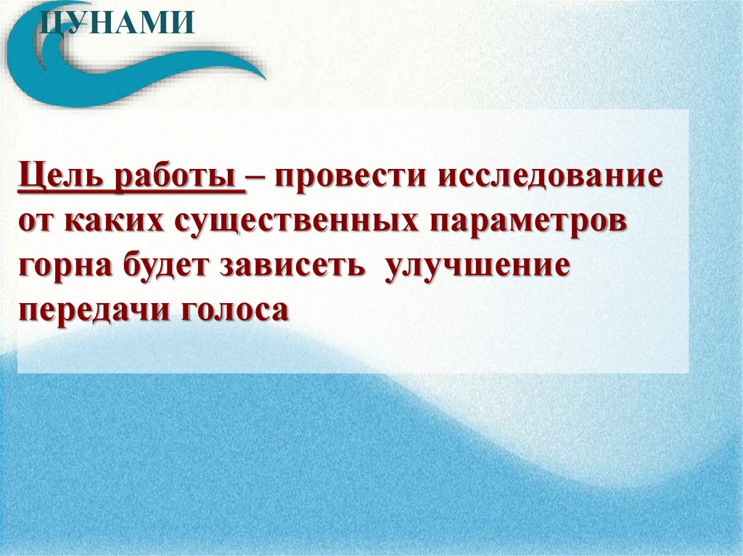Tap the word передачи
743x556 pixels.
click(88, 310)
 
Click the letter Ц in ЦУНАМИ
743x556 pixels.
click(48, 22)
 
